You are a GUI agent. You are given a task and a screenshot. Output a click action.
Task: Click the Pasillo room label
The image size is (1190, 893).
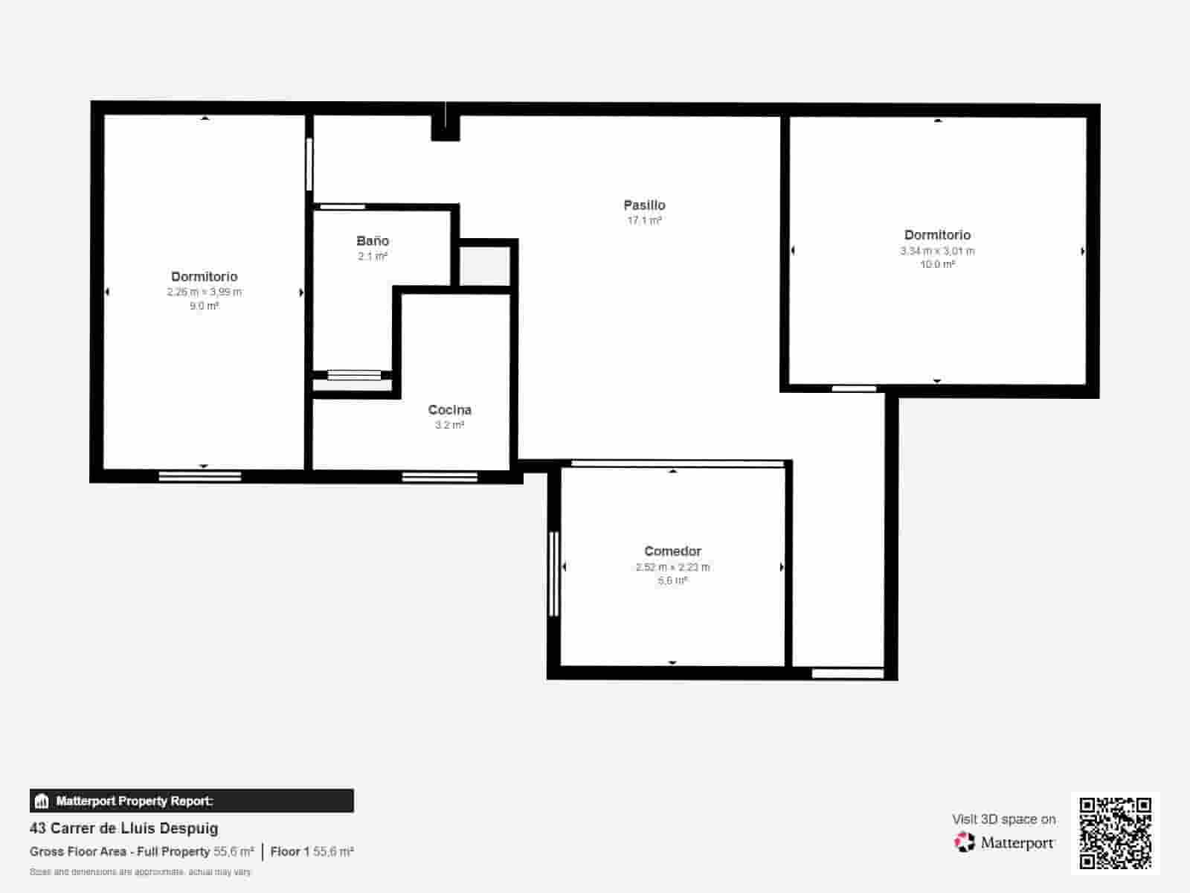pos(644,205)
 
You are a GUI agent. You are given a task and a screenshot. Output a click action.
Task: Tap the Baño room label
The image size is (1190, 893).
pos(373,240)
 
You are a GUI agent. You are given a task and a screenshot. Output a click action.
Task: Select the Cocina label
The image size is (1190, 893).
pos(449,409)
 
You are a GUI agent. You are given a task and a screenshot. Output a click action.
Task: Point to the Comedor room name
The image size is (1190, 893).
pos(672,551)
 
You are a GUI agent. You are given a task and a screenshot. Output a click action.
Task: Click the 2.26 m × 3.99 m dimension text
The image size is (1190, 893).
pos(205,292)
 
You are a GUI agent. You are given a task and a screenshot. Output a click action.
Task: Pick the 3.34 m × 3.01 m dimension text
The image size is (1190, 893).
pos(937,251)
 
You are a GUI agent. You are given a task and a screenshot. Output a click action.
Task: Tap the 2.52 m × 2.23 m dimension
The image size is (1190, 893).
pos(672,567)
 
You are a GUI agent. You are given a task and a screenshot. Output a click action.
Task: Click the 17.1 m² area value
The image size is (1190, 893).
pos(644,220)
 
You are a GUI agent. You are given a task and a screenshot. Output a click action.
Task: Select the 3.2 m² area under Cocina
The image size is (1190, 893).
pos(449,425)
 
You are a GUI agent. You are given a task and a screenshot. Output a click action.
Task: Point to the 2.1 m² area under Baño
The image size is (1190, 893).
pos(373,256)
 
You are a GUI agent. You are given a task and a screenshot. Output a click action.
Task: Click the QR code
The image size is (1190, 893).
pos(1115,833)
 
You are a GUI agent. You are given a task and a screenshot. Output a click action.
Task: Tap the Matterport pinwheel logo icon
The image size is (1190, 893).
pos(965,842)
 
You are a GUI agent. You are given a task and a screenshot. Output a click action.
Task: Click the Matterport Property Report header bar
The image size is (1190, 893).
pos(192,801)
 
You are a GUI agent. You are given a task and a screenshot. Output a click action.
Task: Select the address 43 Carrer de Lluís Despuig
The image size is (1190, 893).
pos(124,828)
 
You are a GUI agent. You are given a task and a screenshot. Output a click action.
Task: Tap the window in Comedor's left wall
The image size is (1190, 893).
pos(553,573)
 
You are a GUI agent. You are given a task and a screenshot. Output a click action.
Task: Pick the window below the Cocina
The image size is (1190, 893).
pos(440,476)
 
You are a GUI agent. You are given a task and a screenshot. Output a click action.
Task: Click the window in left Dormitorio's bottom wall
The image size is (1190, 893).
pos(200,476)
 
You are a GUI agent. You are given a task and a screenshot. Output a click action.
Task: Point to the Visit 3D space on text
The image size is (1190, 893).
pos(1003,819)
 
